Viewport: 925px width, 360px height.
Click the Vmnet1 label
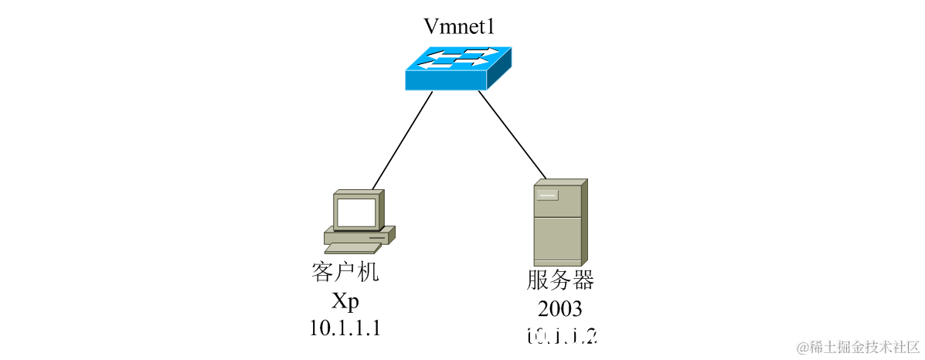tap(459, 27)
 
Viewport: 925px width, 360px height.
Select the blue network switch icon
tap(457, 68)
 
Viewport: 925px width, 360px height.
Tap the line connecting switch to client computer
tap(402, 140)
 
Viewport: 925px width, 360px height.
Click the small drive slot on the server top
tap(548, 195)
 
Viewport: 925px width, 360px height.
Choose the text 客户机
tap(345, 273)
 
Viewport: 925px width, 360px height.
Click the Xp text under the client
tap(345, 301)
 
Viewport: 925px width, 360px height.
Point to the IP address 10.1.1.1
tap(345, 328)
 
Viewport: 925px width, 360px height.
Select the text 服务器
tap(561, 280)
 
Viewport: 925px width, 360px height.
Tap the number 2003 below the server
tap(561, 309)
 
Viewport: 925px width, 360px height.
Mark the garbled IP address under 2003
tap(562, 337)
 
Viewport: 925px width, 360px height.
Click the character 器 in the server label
tap(584, 280)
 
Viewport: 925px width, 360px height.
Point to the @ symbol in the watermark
tap(803, 346)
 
